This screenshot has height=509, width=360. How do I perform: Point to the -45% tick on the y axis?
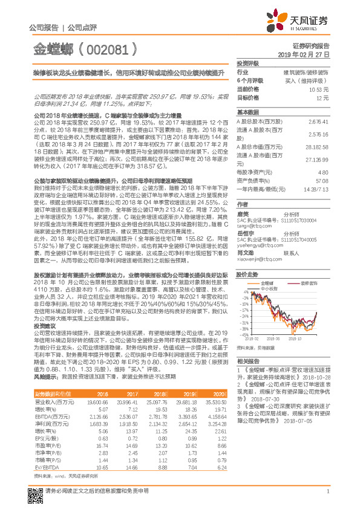[x=243, y=334]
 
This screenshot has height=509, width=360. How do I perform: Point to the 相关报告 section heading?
[x=249, y=360]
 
